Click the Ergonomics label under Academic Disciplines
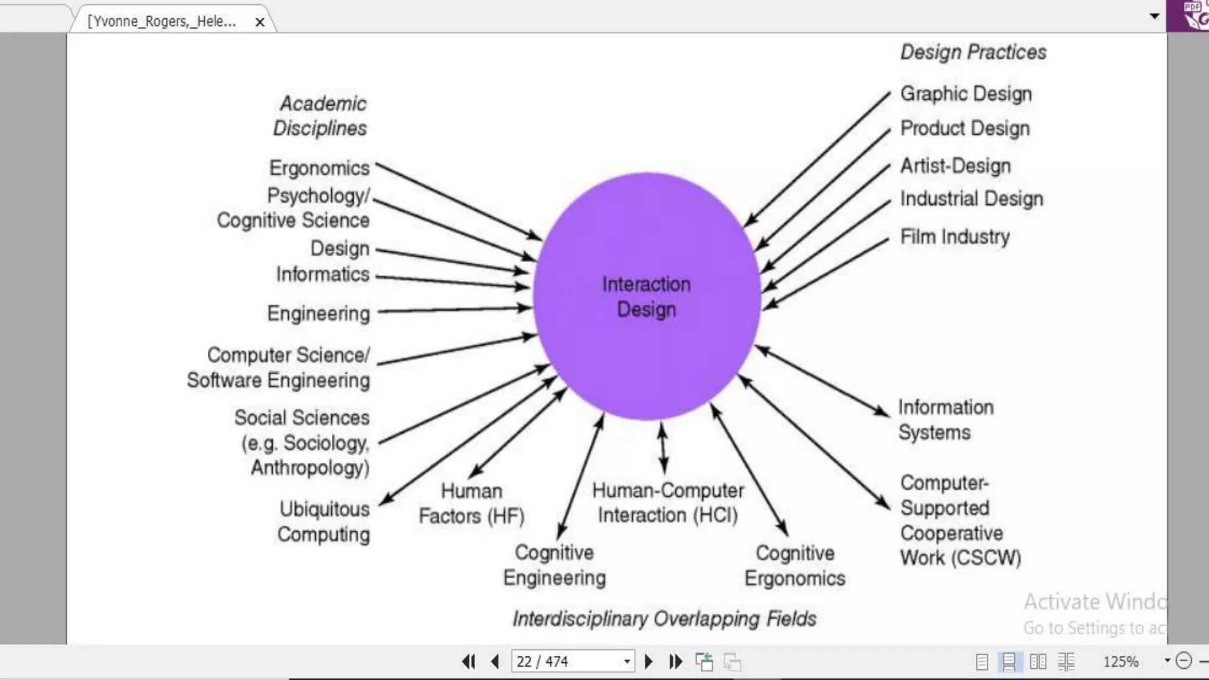pyautogui.click(x=319, y=168)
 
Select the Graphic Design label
pyautogui.click(x=966, y=94)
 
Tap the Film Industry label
pyautogui.click(x=955, y=237)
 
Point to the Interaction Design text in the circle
pyautogui.click(x=646, y=297)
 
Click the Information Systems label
pyautogui.click(x=946, y=420)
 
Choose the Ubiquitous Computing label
pyautogui.click(x=324, y=522)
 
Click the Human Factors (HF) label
pyautogui.click(x=472, y=504)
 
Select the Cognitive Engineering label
pyautogui.click(x=554, y=565)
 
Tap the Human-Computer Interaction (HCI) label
pyautogui.click(x=668, y=502)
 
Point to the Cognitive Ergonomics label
pyautogui.click(x=795, y=565)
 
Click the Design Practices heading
pyautogui.click(x=973, y=52)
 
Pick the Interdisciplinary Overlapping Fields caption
pyautogui.click(x=664, y=619)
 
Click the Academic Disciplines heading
pyautogui.click(x=321, y=116)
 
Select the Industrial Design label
pyautogui.click(x=971, y=199)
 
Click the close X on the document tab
pyautogui.click(x=260, y=22)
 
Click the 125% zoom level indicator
pyautogui.click(x=1120, y=662)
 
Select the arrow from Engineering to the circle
pyautogui.click(x=455, y=309)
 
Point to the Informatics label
pyautogui.click(x=322, y=274)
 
